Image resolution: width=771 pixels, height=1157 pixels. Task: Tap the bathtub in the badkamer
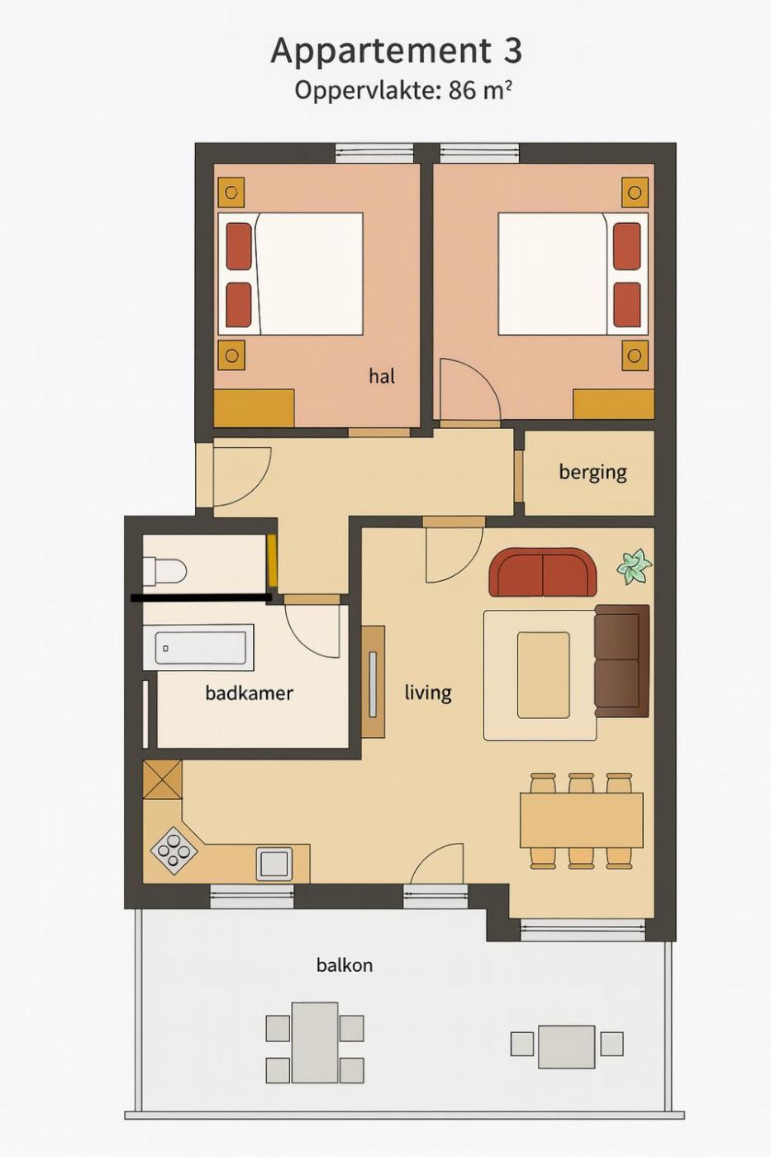205,648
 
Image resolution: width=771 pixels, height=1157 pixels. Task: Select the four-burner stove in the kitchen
174,850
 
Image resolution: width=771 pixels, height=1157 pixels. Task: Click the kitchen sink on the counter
274,864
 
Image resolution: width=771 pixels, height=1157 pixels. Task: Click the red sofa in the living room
542,572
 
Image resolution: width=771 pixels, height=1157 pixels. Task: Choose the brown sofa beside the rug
621,661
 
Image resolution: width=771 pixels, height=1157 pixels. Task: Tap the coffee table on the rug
543,675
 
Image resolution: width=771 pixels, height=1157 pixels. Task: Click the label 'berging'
593,473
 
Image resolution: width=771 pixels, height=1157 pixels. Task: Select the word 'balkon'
345,965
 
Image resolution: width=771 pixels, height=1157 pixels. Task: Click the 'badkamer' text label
249,693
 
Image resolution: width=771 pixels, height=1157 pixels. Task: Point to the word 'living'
428,693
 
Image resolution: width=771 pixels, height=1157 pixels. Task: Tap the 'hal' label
382,376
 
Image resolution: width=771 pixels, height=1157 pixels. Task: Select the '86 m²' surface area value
481,90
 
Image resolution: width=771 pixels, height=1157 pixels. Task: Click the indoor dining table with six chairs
582,820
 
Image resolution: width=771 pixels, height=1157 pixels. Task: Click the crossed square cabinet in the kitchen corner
162,779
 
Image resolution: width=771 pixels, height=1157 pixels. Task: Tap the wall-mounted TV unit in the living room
373,681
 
